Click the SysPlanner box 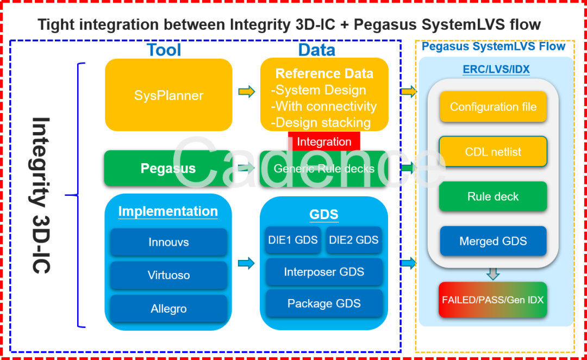(x=168, y=95)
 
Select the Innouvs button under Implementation (x=168, y=242)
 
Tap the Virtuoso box (x=168, y=275)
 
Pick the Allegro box (x=168, y=309)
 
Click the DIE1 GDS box (x=293, y=240)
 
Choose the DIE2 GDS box (x=354, y=240)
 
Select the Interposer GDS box (x=324, y=272)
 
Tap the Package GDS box (x=324, y=303)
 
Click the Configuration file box (x=493, y=107)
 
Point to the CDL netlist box (x=493, y=152)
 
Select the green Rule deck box (x=493, y=196)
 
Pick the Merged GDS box (x=493, y=241)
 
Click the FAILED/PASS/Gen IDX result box (x=492, y=300)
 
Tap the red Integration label (x=324, y=142)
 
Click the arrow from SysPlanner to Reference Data (x=247, y=92)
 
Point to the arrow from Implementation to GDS (x=247, y=264)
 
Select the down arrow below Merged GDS (x=493, y=273)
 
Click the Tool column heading (x=163, y=50)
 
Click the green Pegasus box (x=168, y=169)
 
